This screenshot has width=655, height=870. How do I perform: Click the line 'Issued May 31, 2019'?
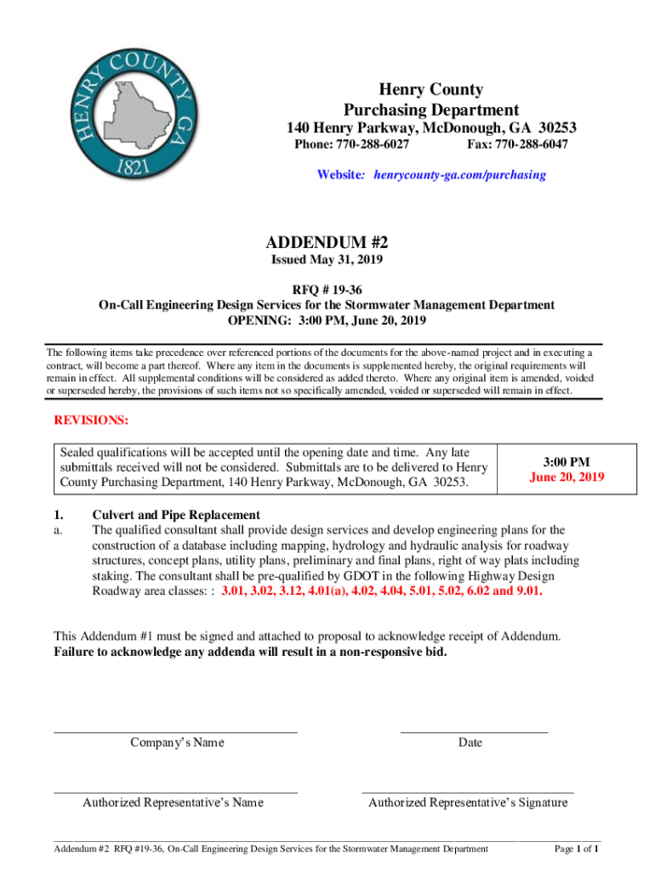point(327,260)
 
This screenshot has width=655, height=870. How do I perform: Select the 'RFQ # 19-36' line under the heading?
point(327,289)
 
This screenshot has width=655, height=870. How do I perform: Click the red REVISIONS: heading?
point(91,421)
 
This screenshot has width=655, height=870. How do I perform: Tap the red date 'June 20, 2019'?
point(567,477)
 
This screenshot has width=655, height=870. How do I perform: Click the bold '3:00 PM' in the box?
point(567,462)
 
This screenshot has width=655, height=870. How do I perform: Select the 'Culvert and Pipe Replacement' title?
point(176,515)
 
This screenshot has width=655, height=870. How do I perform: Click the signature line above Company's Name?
point(176,731)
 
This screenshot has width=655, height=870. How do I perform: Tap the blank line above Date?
point(473,731)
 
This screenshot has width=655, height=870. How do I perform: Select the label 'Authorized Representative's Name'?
point(173,803)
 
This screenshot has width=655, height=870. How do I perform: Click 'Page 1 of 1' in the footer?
point(578,848)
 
